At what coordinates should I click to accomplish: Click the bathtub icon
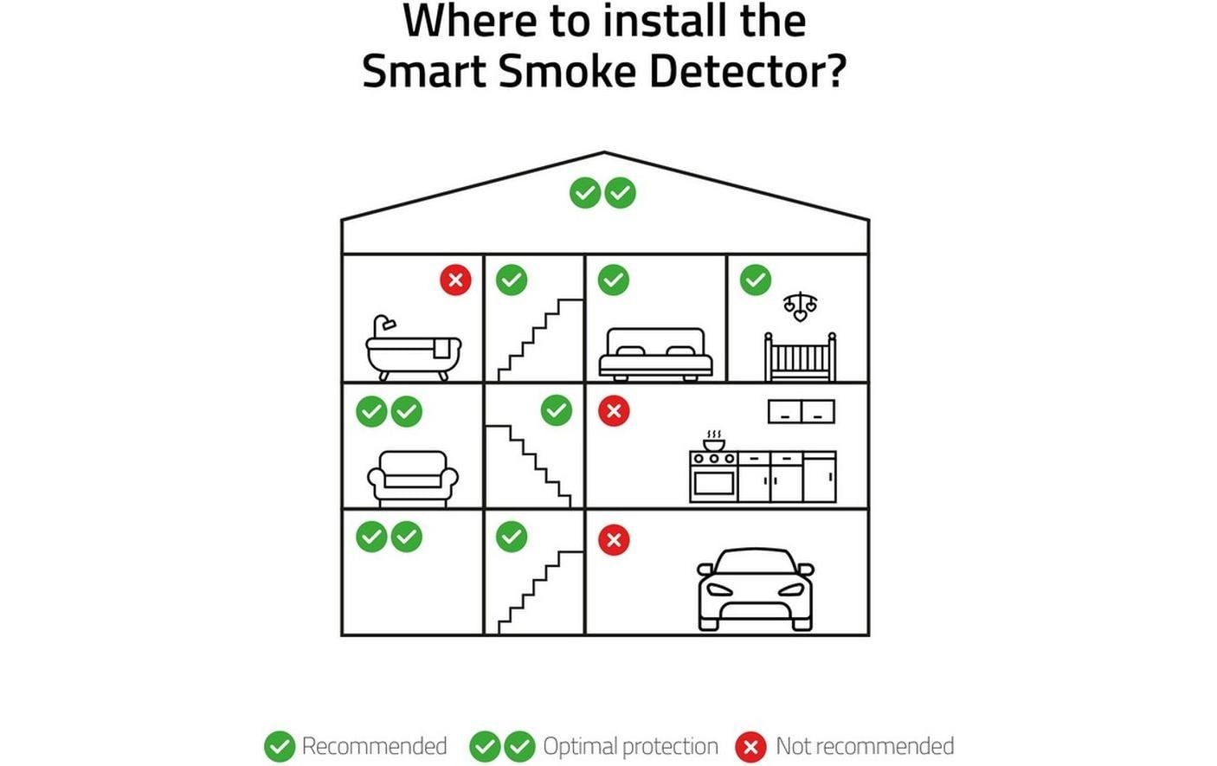tap(413, 350)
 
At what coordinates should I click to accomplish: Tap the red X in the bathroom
tap(455, 280)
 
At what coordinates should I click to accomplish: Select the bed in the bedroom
tap(656, 354)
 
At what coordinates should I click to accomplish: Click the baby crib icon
tap(800, 357)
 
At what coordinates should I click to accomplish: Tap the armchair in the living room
tap(413, 479)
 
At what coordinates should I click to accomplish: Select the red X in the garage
tap(614, 540)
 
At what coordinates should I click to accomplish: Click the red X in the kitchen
tap(614, 410)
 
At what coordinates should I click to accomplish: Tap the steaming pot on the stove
tap(713, 441)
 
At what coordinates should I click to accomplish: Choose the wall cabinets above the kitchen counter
tap(801, 411)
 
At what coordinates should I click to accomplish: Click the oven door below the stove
tap(713, 483)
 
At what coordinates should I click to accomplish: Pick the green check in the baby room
tap(755, 280)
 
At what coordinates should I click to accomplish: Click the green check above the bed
tap(614, 280)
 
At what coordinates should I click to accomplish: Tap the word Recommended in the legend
tap(374, 746)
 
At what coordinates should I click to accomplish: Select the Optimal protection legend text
tap(630, 746)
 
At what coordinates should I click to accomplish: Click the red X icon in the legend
tap(750, 746)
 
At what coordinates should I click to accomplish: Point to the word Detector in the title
tap(745, 71)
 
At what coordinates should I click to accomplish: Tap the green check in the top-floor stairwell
tap(512, 280)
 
